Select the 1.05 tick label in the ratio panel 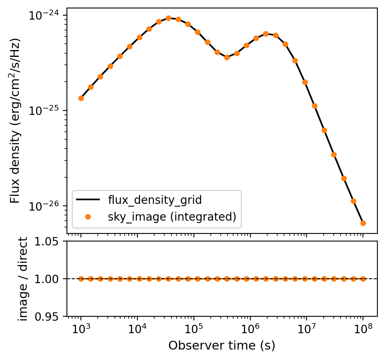[51, 241]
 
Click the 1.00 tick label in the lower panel [51, 279]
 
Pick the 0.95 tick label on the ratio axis [51, 317]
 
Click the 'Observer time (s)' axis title [222, 346]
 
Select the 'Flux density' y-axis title [15, 120]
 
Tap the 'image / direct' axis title [24, 279]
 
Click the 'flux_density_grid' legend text [155, 199]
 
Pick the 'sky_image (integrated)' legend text [172, 217]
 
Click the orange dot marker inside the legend [88, 217]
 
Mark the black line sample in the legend [88, 199]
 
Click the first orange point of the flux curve [81, 98]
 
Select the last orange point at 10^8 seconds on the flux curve [363, 223]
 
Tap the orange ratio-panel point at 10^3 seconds [81, 279]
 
